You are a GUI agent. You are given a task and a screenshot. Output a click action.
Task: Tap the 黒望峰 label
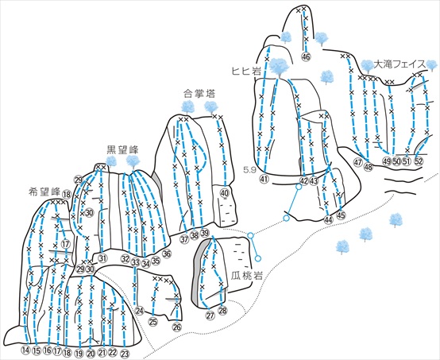pos(122,149)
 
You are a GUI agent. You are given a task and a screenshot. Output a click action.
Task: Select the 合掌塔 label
pos(199,94)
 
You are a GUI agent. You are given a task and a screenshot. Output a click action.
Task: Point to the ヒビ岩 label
pos(246,72)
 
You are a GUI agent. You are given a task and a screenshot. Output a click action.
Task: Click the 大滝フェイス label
pos(399,64)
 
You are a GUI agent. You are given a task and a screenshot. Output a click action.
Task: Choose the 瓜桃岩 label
pos(247,276)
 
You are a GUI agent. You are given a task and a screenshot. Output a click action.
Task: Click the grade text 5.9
pos(249,170)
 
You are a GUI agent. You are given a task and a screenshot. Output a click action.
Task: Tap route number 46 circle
pos(306,57)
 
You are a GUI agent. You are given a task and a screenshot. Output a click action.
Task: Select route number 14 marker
pos(26,350)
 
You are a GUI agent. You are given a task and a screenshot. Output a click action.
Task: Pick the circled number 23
pos(125,353)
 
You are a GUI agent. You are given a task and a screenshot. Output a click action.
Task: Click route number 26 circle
pos(177,327)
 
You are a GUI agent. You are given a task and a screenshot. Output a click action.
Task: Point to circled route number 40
pos(225,193)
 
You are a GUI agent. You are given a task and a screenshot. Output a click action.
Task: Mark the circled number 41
pos(264,178)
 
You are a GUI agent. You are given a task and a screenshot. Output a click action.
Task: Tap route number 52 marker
pos(419,161)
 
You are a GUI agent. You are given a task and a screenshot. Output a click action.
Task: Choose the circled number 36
pos(167,254)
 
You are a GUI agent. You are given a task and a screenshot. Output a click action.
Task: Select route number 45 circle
pos(341,215)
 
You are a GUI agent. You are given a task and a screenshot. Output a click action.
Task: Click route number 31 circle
pos(103,257)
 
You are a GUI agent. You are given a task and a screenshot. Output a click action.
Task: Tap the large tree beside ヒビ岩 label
pos(279,68)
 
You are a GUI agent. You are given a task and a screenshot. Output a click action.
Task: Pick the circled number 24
pos(140,311)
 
